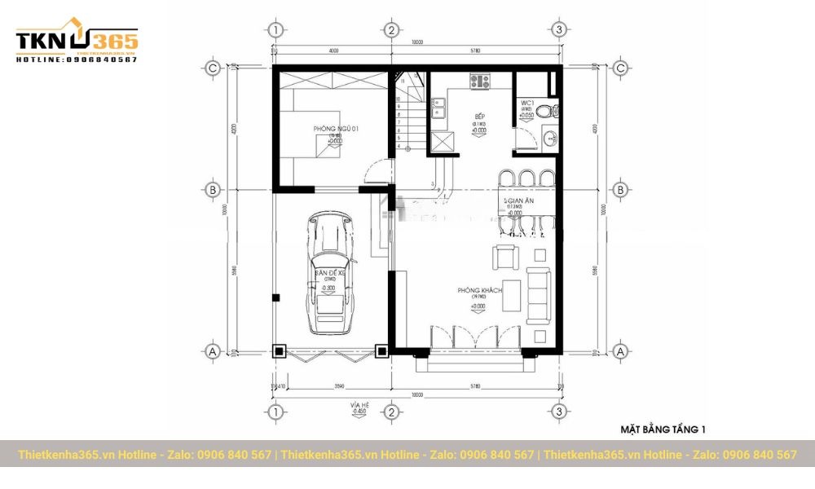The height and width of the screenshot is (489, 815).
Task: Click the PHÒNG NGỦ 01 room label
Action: [x=336, y=130]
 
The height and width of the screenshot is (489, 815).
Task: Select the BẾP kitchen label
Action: [x=480, y=117]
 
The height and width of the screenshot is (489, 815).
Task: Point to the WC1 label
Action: [x=526, y=103]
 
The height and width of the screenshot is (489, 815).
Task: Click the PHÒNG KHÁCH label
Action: [x=478, y=291]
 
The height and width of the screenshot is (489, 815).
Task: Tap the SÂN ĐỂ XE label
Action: [x=330, y=274]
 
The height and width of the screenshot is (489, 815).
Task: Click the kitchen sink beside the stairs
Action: [x=438, y=109]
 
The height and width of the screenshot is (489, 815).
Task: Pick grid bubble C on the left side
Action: [x=212, y=68]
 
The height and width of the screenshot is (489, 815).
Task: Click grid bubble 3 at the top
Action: [x=558, y=30]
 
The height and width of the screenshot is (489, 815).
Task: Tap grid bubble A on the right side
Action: [x=620, y=351]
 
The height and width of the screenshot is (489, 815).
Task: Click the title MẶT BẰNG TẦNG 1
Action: [x=663, y=429]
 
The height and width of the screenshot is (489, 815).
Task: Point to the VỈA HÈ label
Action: [x=359, y=404]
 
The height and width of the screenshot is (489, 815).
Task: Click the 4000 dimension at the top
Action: [x=333, y=51]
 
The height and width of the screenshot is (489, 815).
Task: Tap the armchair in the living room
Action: [x=505, y=258]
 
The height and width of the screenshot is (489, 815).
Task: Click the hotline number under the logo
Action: [x=77, y=59]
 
